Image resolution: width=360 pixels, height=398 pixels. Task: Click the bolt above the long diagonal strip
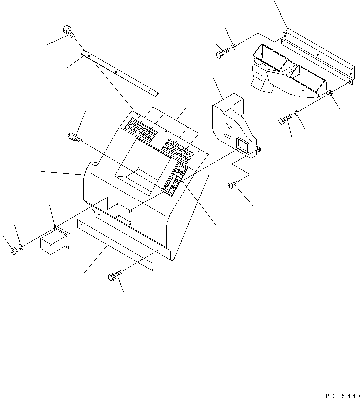click(x=68, y=31)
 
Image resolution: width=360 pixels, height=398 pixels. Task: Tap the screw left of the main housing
click(x=74, y=136)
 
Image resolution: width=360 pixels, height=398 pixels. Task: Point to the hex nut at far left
click(x=13, y=250)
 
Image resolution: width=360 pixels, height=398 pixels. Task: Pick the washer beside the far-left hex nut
click(x=21, y=247)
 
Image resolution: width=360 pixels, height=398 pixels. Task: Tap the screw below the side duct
click(x=230, y=185)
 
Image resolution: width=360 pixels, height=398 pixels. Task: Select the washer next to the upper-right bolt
click(x=234, y=47)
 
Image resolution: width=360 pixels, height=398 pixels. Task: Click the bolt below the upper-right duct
click(x=285, y=120)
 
